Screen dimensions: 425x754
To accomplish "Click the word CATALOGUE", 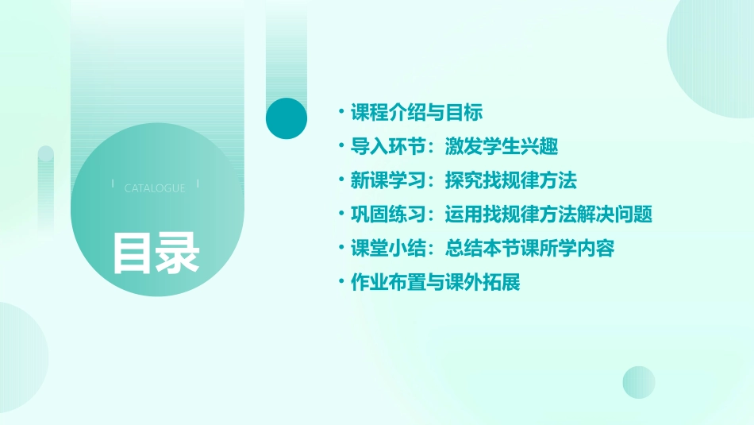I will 155,188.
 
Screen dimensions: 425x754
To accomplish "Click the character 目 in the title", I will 132,252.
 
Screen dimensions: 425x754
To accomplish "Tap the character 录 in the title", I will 177,252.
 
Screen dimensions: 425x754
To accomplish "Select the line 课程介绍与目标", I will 417,113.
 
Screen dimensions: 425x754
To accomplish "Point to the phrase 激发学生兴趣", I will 502,147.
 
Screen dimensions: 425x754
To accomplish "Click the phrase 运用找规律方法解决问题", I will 548,214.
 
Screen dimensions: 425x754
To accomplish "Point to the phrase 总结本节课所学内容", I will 529,249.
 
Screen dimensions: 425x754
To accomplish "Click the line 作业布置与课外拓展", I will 435,283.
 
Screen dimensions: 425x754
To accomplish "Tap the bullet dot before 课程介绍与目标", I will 340,113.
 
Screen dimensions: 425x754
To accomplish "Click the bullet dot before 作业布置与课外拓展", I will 340,283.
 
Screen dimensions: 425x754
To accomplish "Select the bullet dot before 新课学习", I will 340,181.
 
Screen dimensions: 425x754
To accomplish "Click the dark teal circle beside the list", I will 287,118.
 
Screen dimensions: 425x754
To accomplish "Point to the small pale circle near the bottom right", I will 638,382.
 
